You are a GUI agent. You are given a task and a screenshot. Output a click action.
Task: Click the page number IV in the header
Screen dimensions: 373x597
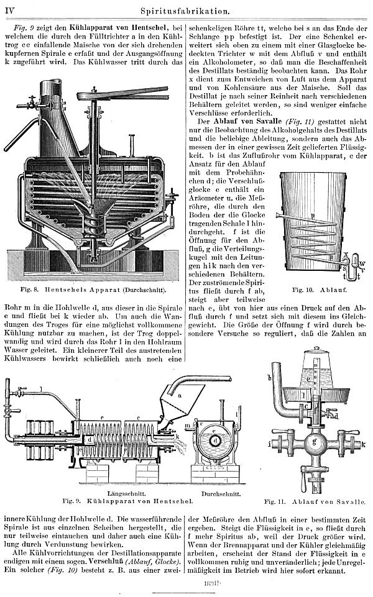[x=9, y=11]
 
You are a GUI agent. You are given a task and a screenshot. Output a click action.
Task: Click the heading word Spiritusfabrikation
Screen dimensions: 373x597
[x=185, y=11]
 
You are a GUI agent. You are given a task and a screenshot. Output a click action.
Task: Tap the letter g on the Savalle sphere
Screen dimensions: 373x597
[x=315, y=442]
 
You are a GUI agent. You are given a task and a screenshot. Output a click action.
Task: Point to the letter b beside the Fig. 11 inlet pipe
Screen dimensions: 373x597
[x=269, y=378]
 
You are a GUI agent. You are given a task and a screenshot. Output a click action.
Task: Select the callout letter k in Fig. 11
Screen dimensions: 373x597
[x=364, y=444]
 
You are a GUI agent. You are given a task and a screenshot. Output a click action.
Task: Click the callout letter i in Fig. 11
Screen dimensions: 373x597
[x=269, y=443]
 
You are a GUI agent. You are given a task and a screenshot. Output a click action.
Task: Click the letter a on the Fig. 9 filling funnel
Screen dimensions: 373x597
[x=180, y=395]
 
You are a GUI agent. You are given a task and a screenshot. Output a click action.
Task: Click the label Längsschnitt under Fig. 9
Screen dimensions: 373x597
[x=122, y=493]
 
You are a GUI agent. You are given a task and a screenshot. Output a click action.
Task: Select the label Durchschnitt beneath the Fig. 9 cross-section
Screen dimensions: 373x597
[x=221, y=494]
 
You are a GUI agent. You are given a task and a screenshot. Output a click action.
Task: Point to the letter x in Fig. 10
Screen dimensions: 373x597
[x=346, y=253]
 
